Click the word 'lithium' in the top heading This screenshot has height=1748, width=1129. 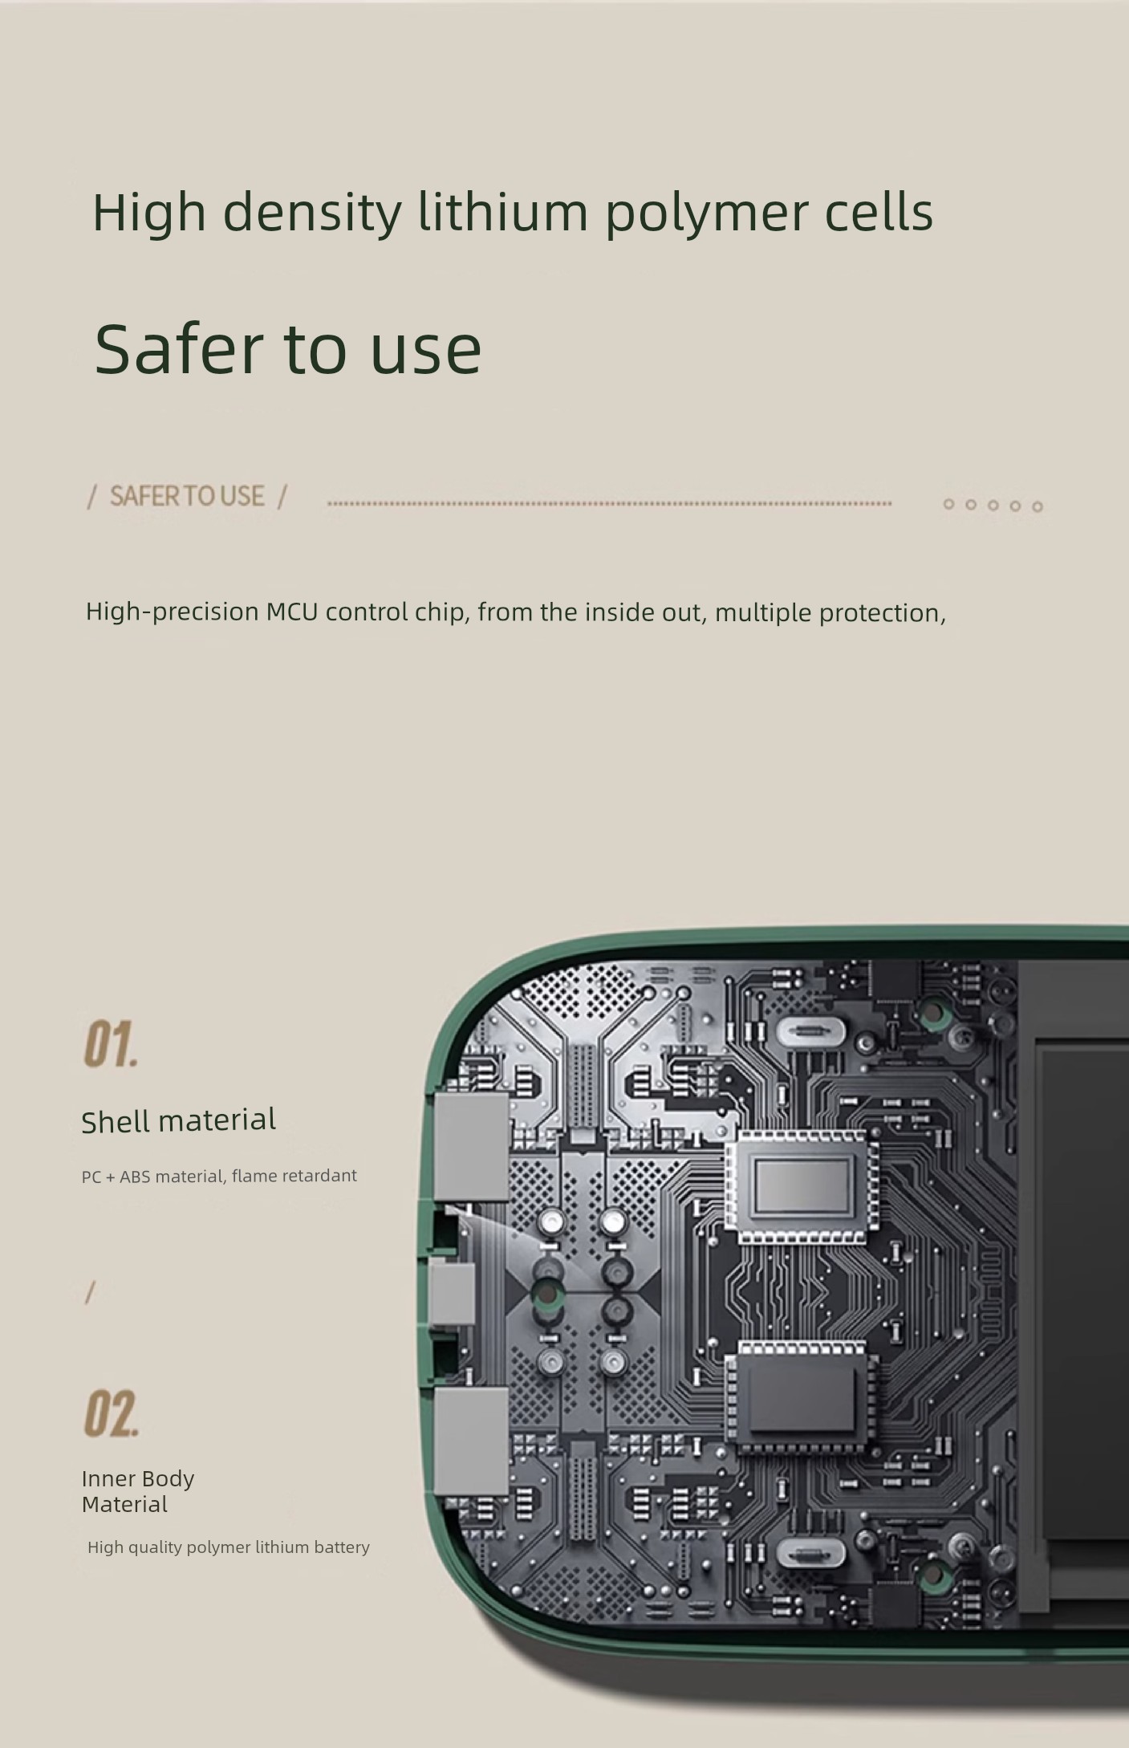[503, 212]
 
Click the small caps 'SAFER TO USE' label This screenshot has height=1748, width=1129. [187, 496]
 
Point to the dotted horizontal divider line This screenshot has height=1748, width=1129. [610, 504]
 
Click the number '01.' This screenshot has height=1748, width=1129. [111, 1044]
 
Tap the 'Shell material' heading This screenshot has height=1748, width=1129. [179, 1120]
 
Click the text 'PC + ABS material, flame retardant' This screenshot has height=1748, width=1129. [219, 1176]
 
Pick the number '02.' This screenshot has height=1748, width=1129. [111, 1413]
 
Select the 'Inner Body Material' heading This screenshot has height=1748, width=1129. [138, 1491]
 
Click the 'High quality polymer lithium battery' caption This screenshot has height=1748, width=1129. [229, 1547]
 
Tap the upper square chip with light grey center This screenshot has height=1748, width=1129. [801, 1187]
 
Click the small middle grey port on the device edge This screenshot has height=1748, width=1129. [451, 1291]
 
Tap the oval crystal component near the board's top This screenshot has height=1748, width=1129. [810, 1031]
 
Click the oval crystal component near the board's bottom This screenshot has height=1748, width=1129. [810, 1553]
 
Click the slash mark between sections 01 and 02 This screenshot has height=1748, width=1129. [90, 1292]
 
